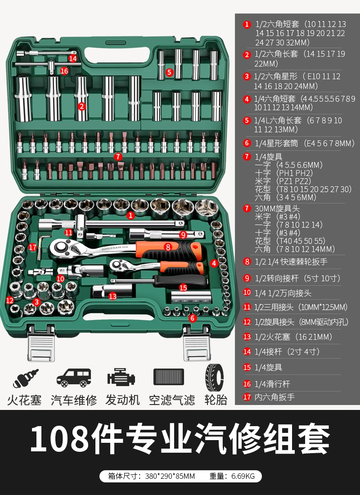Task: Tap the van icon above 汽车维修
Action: click(74, 378)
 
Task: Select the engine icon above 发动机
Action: click(121, 377)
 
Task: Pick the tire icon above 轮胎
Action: click(214, 378)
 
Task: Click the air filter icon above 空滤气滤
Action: click(169, 377)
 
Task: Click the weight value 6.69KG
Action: click(243, 476)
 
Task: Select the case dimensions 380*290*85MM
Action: click(170, 476)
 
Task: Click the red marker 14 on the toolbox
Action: click(72, 58)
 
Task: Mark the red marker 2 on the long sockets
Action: click(81, 106)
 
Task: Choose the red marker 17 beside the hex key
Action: click(32, 247)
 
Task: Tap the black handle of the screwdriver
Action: click(181, 281)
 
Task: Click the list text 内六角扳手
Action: click(274, 397)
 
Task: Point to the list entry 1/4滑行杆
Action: click(272, 384)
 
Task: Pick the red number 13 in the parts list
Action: click(247, 337)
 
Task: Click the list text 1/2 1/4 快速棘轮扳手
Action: click(291, 262)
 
